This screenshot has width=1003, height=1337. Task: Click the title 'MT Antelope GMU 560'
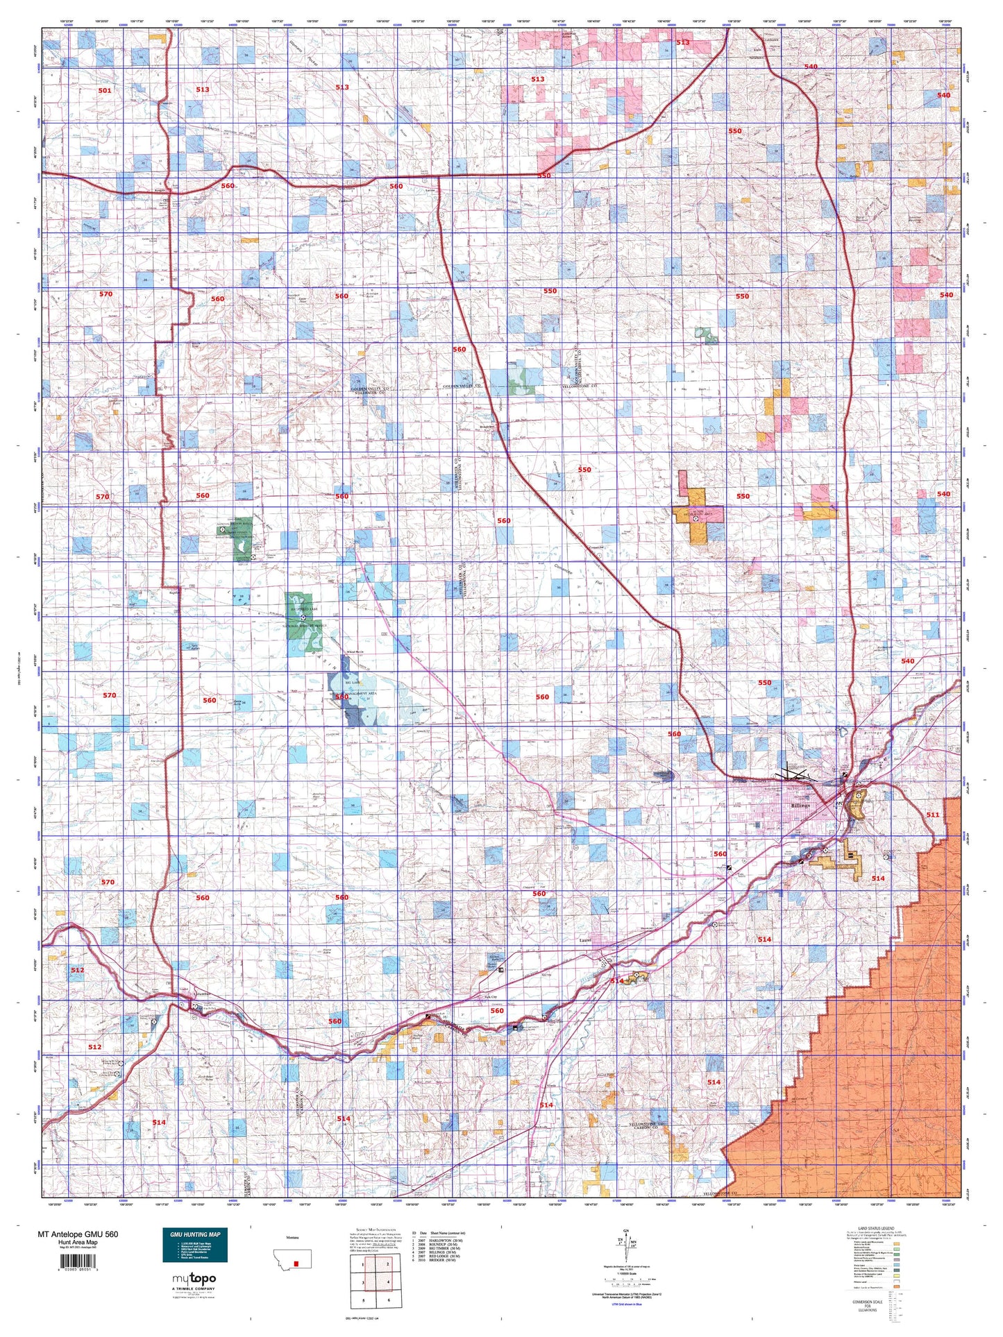click(x=77, y=1234)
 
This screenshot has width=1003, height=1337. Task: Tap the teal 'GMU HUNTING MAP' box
click(x=195, y=1245)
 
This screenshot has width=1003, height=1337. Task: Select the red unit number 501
click(x=104, y=90)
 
